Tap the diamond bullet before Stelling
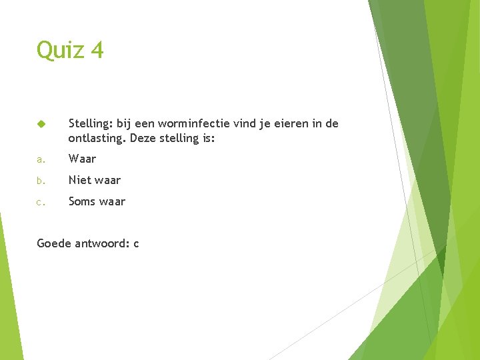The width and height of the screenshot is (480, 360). pyautogui.click(x=41, y=124)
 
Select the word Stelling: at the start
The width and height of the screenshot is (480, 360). pyautogui.click(x=91, y=123)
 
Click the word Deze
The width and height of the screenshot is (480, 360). pyautogui.click(x=145, y=139)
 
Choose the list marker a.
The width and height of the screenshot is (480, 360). pyautogui.click(x=41, y=159)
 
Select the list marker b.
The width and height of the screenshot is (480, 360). pyautogui.click(x=41, y=181)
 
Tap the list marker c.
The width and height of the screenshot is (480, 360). pyautogui.click(x=41, y=202)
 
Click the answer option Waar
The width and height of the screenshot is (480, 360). pyautogui.click(x=82, y=159)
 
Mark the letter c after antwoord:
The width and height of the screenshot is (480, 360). pyautogui.click(x=136, y=244)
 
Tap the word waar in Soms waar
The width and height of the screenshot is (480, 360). pyautogui.click(x=112, y=201)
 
